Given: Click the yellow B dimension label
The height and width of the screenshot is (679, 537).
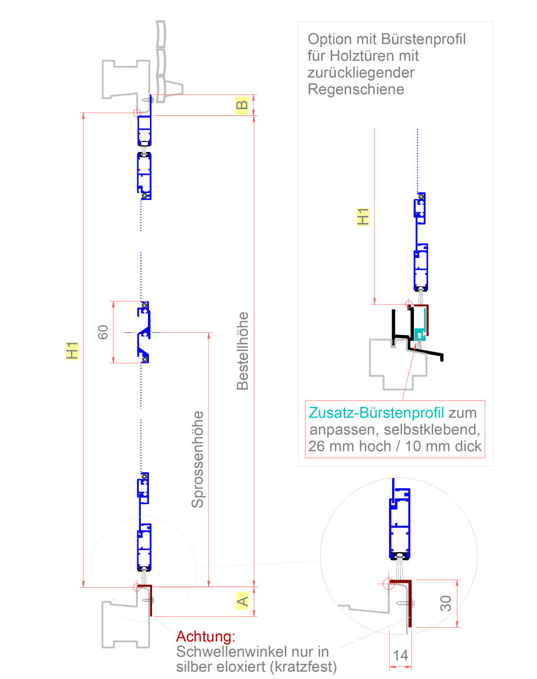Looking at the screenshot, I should (x=242, y=105).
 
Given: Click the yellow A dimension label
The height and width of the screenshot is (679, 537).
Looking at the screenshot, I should (x=243, y=601).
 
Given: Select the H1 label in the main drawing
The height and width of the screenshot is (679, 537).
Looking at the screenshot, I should (x=72, y=350).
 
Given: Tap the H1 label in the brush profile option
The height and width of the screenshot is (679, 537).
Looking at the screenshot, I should (x=363, y=216).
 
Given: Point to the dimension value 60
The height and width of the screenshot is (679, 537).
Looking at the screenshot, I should (x=103, y=332).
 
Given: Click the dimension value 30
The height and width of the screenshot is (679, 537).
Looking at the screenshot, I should (x=445, y=603).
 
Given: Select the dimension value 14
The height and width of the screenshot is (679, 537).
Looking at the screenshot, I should (x=400, y=655).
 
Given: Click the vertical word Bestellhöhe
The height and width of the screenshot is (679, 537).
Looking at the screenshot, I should (x=243, y=351).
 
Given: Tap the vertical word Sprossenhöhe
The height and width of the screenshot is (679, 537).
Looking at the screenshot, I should (x=197, y=459).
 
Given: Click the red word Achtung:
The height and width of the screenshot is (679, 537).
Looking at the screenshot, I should (x=206, y=636).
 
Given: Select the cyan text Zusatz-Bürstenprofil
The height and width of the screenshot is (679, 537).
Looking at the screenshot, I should (x=376, y=413).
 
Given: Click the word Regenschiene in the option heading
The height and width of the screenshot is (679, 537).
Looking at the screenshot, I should (x=356, y=90).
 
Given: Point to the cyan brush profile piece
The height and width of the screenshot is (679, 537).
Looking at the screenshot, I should (x=420, y=334).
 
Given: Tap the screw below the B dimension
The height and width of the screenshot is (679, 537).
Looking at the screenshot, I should (x=148, y=100).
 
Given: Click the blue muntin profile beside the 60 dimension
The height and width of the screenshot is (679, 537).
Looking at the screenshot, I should (x=144, y=332).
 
